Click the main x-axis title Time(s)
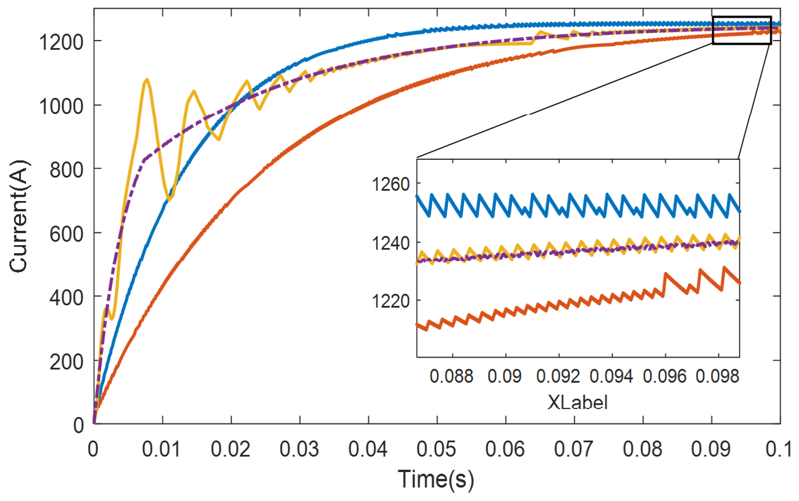click(436, 479)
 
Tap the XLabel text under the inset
click(577, 403)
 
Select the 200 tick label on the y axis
click(66, 362)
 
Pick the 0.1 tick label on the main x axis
click(778, 449)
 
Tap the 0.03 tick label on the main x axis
click(299, 449)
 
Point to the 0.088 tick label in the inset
click(451, 376)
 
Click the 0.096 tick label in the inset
click(664, 376)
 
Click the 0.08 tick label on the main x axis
click(642, 449)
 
